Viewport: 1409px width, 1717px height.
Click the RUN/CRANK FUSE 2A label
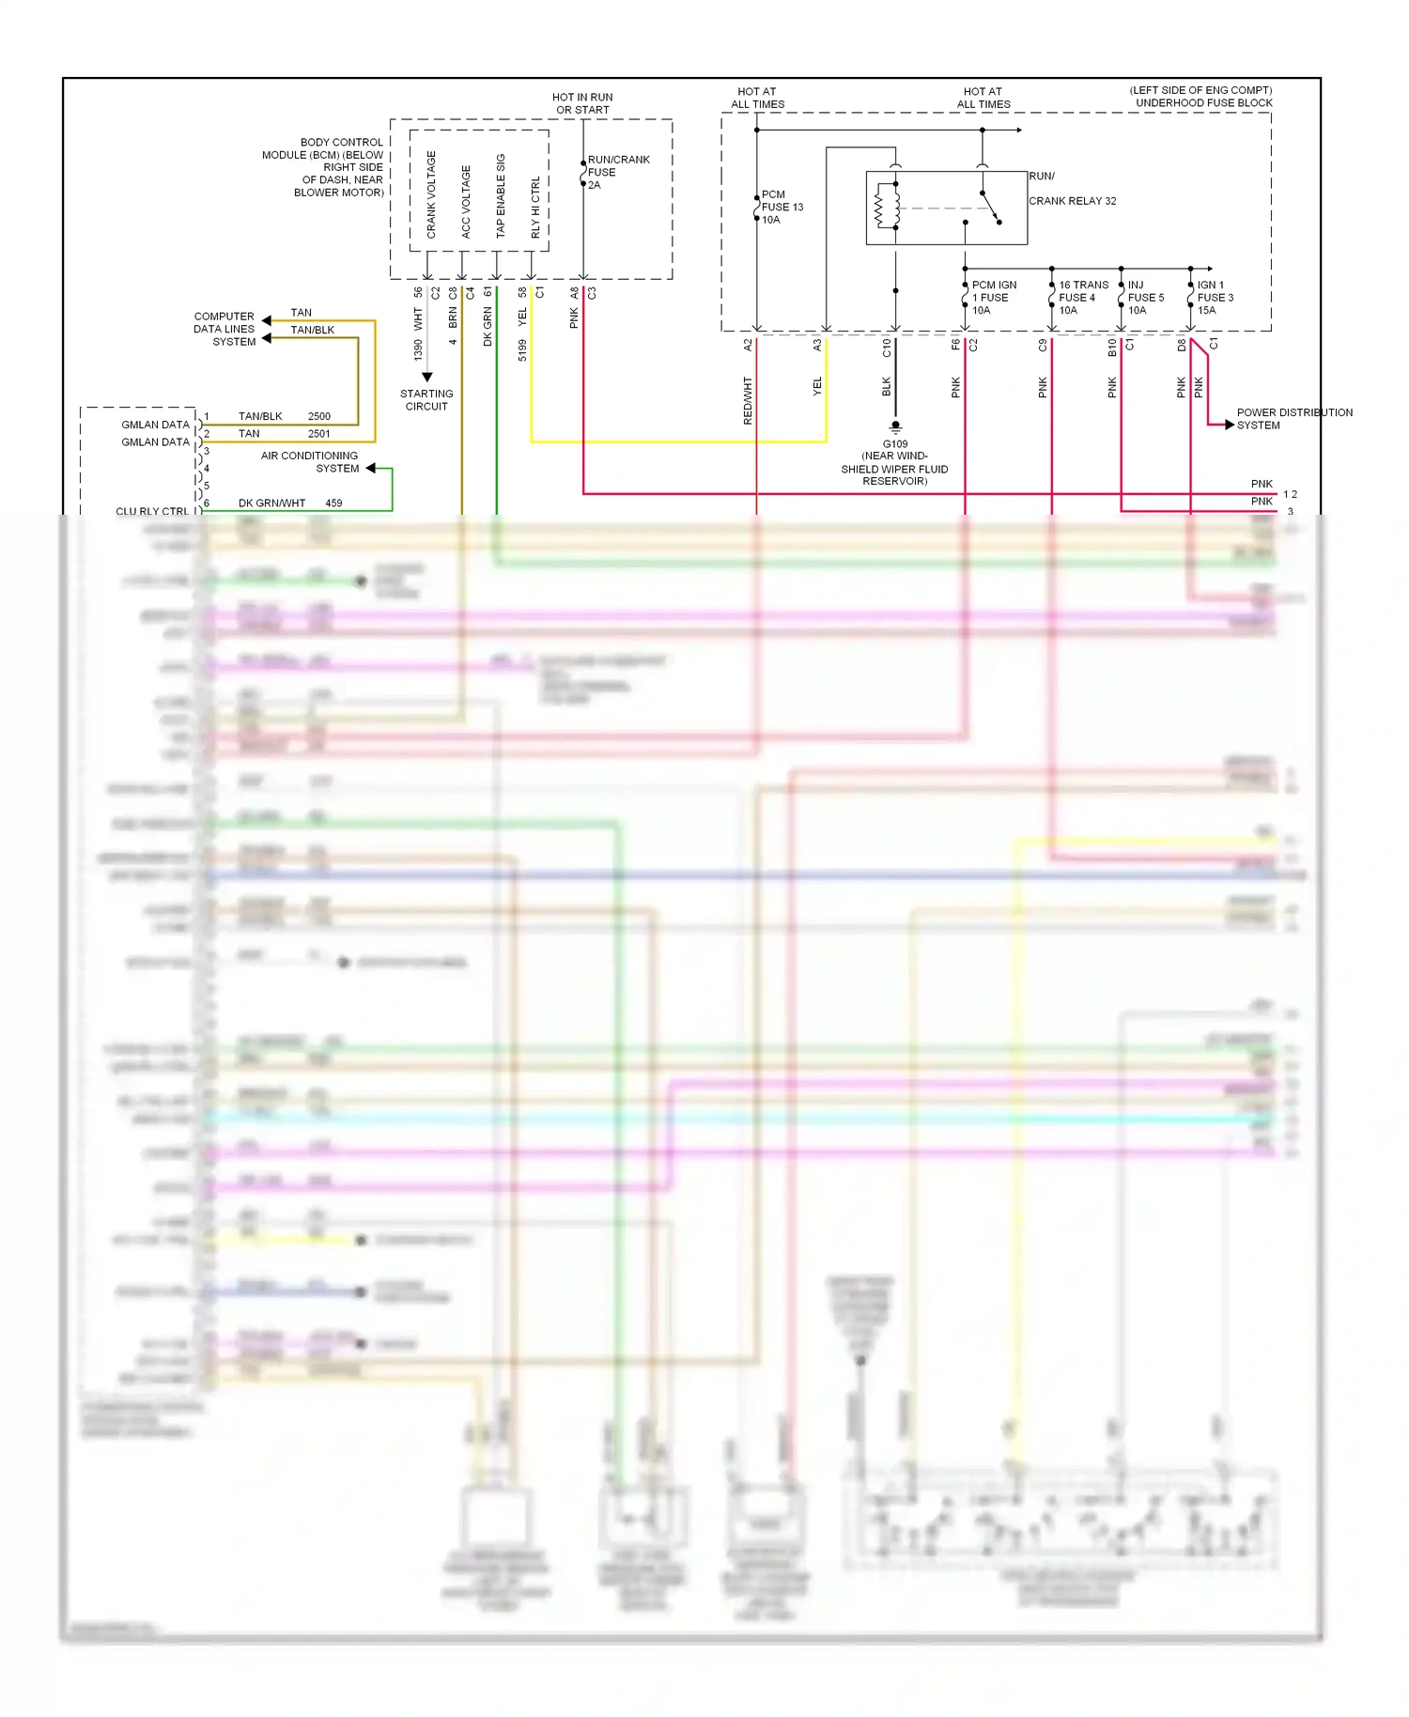point(617,172)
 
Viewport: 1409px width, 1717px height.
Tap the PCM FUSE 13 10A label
point(782,207)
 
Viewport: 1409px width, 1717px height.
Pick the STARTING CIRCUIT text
point(426,400)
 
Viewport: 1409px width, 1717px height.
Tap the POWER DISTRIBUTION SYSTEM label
point(1293,419)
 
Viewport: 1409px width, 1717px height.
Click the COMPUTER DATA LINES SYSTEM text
point(225,329)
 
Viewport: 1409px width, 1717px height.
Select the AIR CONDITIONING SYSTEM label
point(310,461)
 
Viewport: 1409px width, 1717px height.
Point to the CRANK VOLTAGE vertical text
point(431,194)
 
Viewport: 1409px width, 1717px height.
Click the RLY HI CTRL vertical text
point(535,207)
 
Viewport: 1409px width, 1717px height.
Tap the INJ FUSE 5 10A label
point(1144,298)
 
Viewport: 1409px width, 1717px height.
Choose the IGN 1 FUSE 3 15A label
point(1215,298)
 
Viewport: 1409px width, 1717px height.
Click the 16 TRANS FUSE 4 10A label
point(1082,298)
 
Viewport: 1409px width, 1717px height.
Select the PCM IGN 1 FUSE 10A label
point(993,298)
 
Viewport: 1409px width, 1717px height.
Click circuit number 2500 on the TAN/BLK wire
point(319,416)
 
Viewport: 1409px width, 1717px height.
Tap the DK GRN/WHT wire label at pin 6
point(271,503)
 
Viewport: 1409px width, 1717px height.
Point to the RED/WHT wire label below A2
point(748,400)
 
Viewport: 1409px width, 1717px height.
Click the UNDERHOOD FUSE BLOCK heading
point(1203,103)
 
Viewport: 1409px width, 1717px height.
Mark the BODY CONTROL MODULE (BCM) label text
point(324,167)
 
